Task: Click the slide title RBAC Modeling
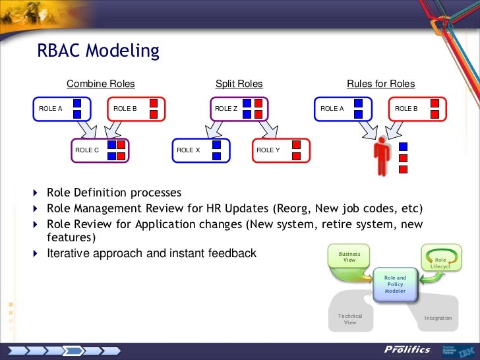tap(99, 51)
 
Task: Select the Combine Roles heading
tap(100, 84)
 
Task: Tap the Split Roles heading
tap(239, 84)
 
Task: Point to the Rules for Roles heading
tap(381, 84)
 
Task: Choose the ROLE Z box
tap(239, 109)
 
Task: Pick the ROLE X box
tap(201, 150)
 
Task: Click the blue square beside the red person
tap(403, 146)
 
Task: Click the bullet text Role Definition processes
tap(114, 193)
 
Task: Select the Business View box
tap(349, 257)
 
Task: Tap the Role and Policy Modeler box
tap(396, 284)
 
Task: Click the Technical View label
tap(350, 320)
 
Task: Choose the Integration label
tap(438, 318)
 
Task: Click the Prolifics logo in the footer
tap(407, 349)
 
